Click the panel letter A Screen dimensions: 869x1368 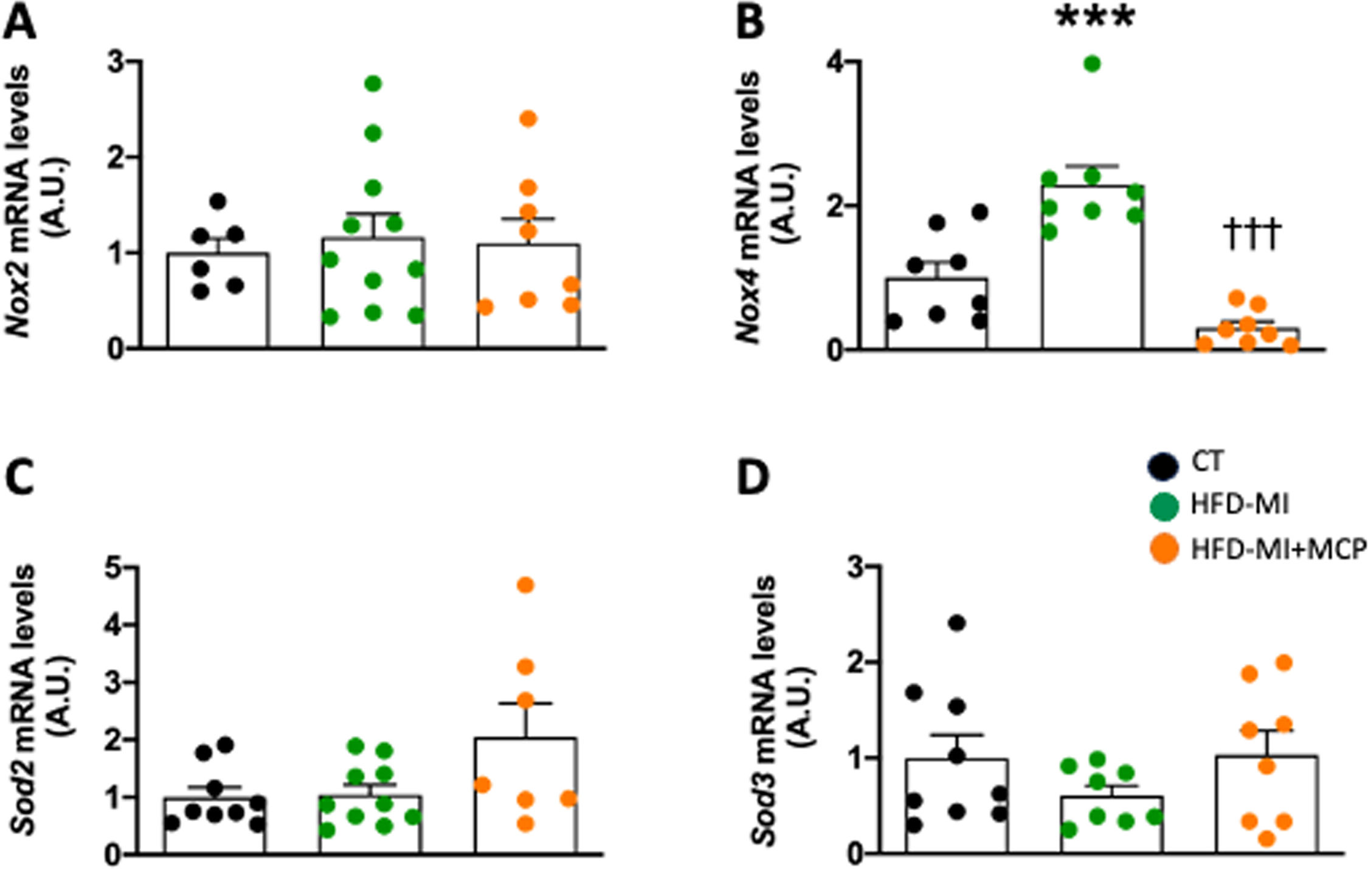(19, 24)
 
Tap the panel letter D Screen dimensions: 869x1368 (753, 479)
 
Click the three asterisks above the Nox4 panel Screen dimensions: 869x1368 (1095, 18)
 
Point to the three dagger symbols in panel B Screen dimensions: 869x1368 (1253, 235)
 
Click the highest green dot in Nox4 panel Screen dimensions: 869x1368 (1093, 64)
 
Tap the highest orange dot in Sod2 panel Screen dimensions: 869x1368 (525, 585)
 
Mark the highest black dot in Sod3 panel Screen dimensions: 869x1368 (957, 623)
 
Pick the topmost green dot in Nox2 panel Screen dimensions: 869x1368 (373, 84)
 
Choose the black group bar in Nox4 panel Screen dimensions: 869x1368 (937, 314)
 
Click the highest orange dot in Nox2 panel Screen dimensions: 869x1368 (528, 118)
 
